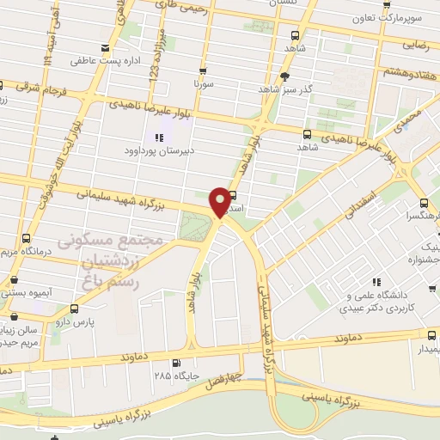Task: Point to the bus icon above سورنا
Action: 203,71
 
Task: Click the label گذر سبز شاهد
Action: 287,88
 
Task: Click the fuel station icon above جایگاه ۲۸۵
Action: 177,363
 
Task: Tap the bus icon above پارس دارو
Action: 73,308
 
